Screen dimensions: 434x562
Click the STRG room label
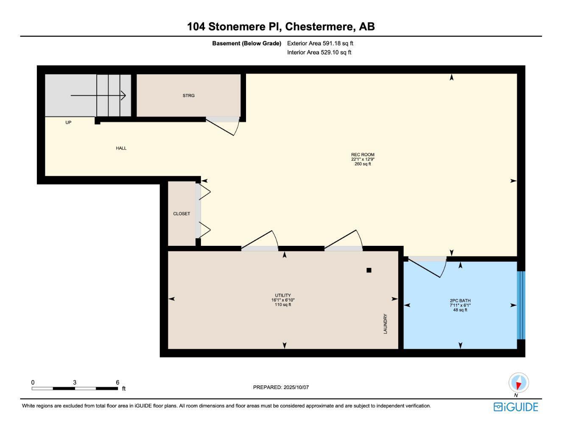(x=189, y=96)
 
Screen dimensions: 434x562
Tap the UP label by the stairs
(x=68, y=122)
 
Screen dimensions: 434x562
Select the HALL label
(x=121, y=148)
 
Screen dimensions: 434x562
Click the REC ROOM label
(x=363, y=155)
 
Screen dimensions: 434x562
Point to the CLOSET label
(x=182, y=214)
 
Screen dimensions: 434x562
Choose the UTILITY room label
(x=283, y=295)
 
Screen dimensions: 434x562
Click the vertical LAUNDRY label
(x=386, y=324)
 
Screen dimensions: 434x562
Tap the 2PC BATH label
(x=460, y=301)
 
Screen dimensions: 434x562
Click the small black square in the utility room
(x=369, y=270)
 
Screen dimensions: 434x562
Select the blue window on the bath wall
(x=521, y=305)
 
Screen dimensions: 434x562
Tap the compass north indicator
(x=518, y=383)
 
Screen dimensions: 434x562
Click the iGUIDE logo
(x=516, y=407)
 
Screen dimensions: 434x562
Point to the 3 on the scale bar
(x=75, y=382)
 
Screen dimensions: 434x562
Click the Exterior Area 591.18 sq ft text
(x=320, y=43)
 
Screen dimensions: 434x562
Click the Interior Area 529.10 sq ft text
(x=319, y=53)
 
